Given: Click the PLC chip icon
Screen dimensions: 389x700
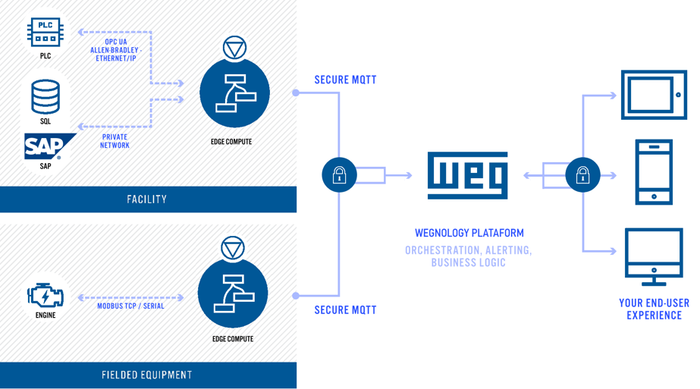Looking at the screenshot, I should click(x=46, y=33).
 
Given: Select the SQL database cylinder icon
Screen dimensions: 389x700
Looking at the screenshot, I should click(x=46, y=96).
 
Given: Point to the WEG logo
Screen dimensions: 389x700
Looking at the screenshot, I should click(x=468, y=175).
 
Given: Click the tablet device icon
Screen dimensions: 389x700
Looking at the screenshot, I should click(x=654, y=95).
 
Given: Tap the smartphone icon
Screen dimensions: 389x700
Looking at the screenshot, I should click(x=654, y=172).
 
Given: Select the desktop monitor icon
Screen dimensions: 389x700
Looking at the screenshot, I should click(x=654, y=256).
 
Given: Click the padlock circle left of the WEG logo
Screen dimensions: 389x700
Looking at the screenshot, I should click(x=339, y=175).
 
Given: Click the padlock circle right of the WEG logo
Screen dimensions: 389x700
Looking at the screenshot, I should click(x=582, y=175).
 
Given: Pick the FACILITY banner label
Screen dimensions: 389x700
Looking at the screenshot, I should click(x=147, y=199).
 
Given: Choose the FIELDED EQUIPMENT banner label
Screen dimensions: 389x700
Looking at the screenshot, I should click(x=147, y=375).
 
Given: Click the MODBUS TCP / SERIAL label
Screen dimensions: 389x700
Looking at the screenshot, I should click(x=130, y=306).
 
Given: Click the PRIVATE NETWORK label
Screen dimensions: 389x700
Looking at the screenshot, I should click(x=115, y=141).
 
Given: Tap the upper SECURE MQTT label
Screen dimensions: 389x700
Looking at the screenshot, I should click(x=345, y=80).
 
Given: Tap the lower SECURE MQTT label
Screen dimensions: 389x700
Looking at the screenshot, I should click(x=345, y=309).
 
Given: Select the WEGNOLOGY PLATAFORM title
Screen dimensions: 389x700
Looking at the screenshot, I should click(x=469, y=233).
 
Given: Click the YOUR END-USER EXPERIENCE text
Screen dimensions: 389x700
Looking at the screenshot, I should click(x=654, y=309).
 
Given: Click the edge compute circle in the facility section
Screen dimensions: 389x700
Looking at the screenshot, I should click(x=234, y=93).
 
